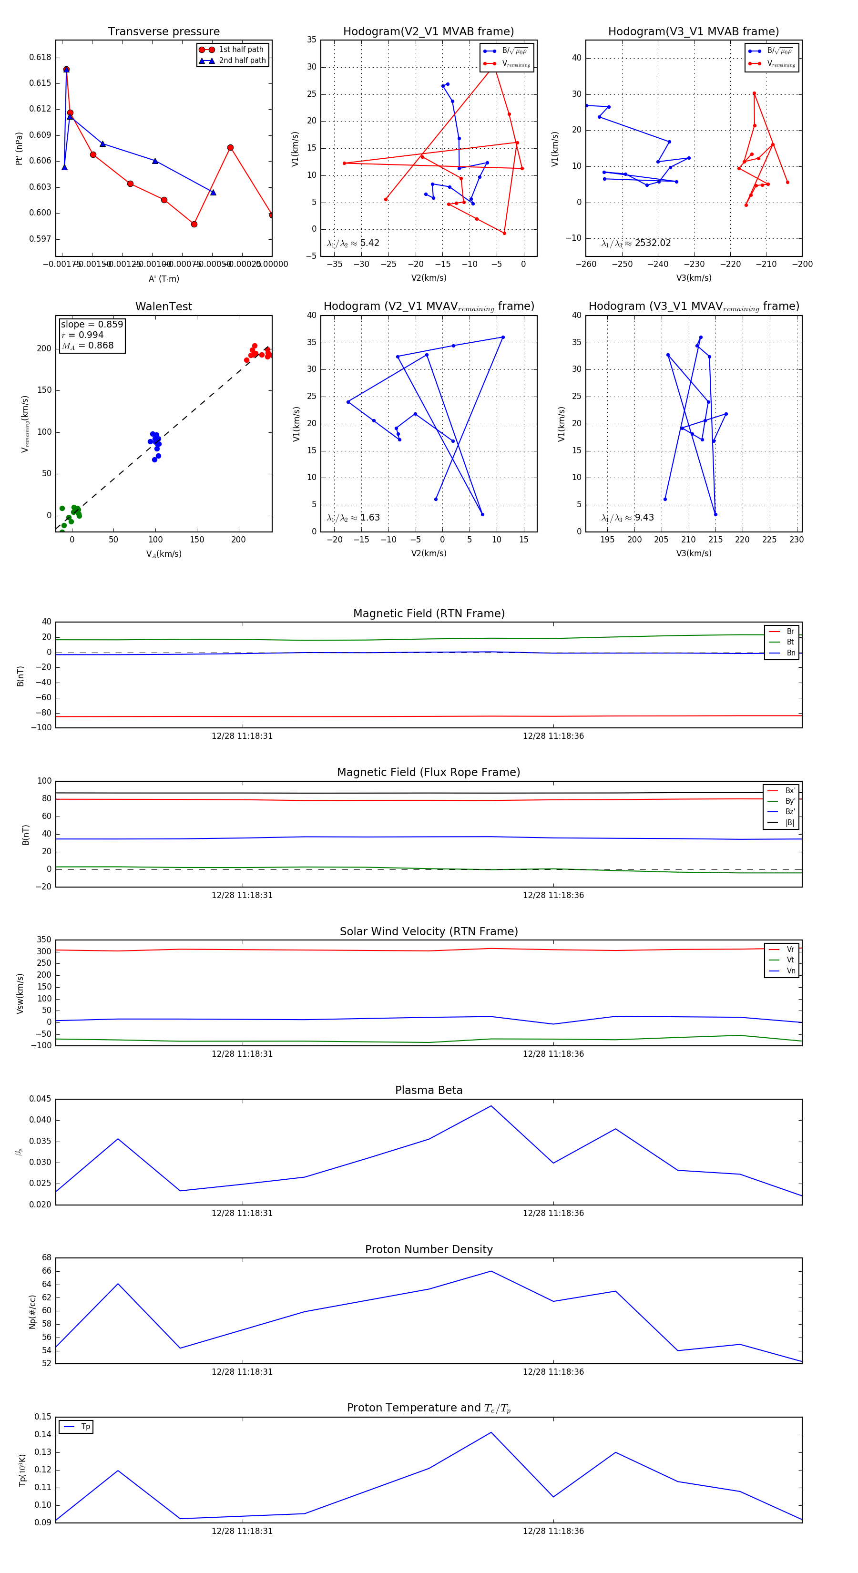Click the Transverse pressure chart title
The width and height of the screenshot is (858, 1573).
[x=163, y=32]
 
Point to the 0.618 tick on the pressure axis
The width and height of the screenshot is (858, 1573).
[x=41, y=57]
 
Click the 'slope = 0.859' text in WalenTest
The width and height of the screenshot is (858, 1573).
[x=92, y=324]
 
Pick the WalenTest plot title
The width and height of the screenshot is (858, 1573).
[x=163, y=306]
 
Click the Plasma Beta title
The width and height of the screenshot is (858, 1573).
[x=429, y=1091]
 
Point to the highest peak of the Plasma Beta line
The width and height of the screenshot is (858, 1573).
[x=491, y=1106]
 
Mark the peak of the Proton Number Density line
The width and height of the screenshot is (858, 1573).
[x=491, y=1271]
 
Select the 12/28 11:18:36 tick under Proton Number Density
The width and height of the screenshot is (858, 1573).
[x=553, y=1371]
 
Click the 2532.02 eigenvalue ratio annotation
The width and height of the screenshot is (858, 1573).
[x=652, y=243]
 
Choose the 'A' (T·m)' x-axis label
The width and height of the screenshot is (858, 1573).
[x=163, y=278]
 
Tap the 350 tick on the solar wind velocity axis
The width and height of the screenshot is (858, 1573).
[x=43, y=940]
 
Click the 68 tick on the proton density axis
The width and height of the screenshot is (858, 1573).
[x=46, y=1258]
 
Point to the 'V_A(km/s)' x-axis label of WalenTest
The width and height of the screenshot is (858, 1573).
[x=163, y=554]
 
